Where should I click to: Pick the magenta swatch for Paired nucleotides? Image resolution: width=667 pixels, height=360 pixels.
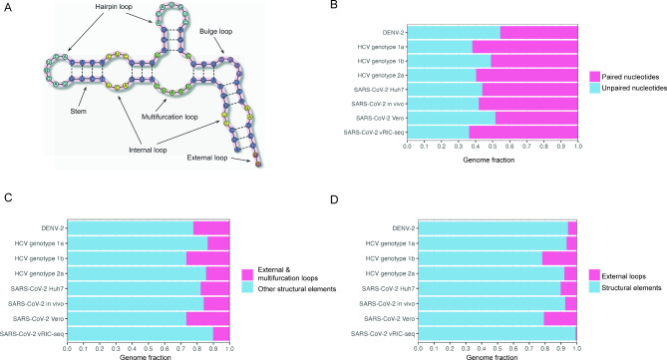tap(594, 75)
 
